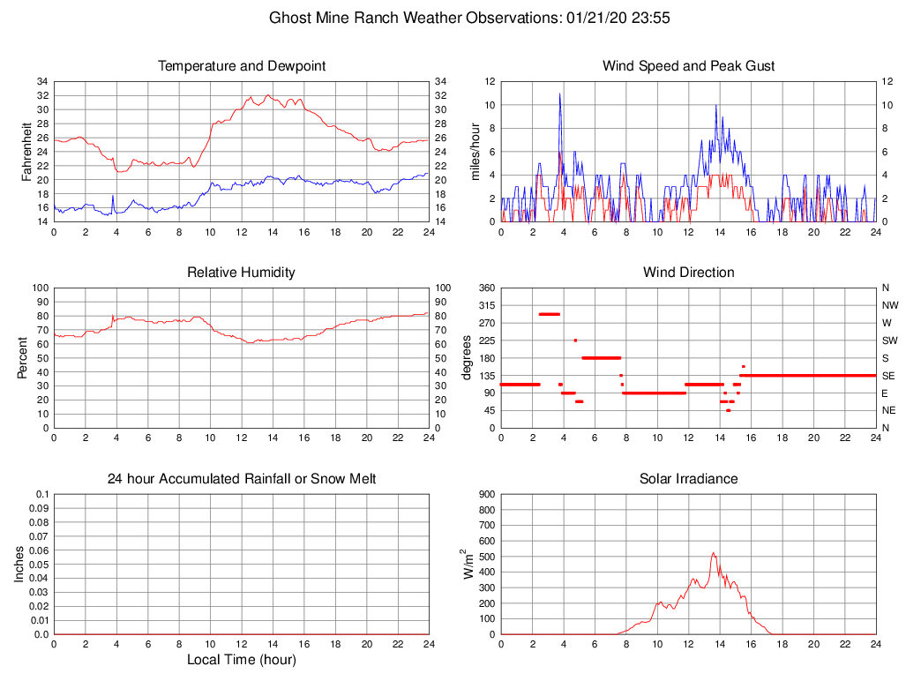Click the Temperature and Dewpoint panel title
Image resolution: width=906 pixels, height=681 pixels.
pyautogui.click(x=241, y=66)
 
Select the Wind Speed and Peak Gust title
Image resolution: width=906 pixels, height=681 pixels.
pyautogui.click(x=688, y=66)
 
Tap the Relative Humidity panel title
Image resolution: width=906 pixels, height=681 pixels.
pyautogui.click(x=241, y=273)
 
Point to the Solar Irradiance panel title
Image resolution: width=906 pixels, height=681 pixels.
pyautogui.click(x=688, y=479)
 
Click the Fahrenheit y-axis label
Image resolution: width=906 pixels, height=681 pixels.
pyautogui.click(x=26, y=151)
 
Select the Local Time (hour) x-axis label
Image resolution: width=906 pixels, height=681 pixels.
pyautogui.click(x=241, y=660)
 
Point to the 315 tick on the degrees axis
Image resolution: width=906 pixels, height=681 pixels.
pyautogui.click(x=486, y=305)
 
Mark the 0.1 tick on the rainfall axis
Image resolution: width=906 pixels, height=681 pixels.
pyautogui.click(x=41, y=494)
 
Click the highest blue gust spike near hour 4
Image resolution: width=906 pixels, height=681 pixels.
pyautogui.click(x=559, y=94)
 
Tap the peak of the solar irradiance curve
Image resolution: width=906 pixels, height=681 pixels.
pyautogui.click(x=713, y=553)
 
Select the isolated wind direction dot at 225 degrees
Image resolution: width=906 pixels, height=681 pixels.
pyautogui.click(x=575, y=340)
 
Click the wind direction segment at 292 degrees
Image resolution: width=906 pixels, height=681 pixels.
pyautogui.click(x=549, y=314)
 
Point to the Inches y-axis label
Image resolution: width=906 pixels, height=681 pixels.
pyautogui.click(x=19, y=564)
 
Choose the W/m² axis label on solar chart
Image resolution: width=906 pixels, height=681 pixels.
pyautogui.click(x=468, y=564)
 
